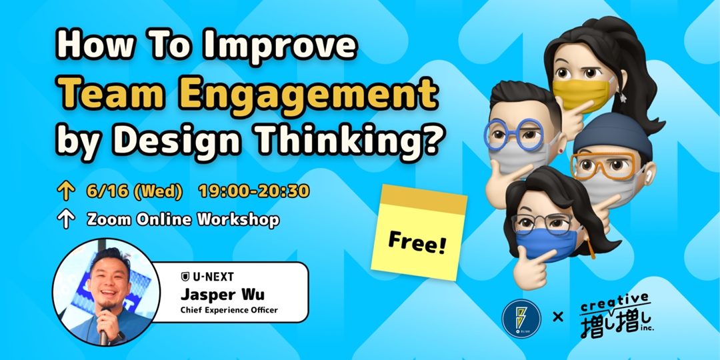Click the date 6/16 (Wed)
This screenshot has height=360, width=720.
click(x=134, y=191)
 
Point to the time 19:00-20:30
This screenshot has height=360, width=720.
click(x=254, y=191)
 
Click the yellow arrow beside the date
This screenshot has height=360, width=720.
click(x=65, y=192)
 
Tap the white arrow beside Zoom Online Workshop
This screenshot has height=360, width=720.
click(x=65, y=220)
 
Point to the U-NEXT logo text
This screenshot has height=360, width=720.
click(x=208, y=276)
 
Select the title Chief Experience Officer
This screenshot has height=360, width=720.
click(x=229, y=310)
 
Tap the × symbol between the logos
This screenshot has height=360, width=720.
click(x=558, y=316)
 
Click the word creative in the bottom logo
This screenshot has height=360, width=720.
click(x=614, y=303)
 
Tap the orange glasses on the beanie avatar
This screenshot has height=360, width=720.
click(x=603, y=164)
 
